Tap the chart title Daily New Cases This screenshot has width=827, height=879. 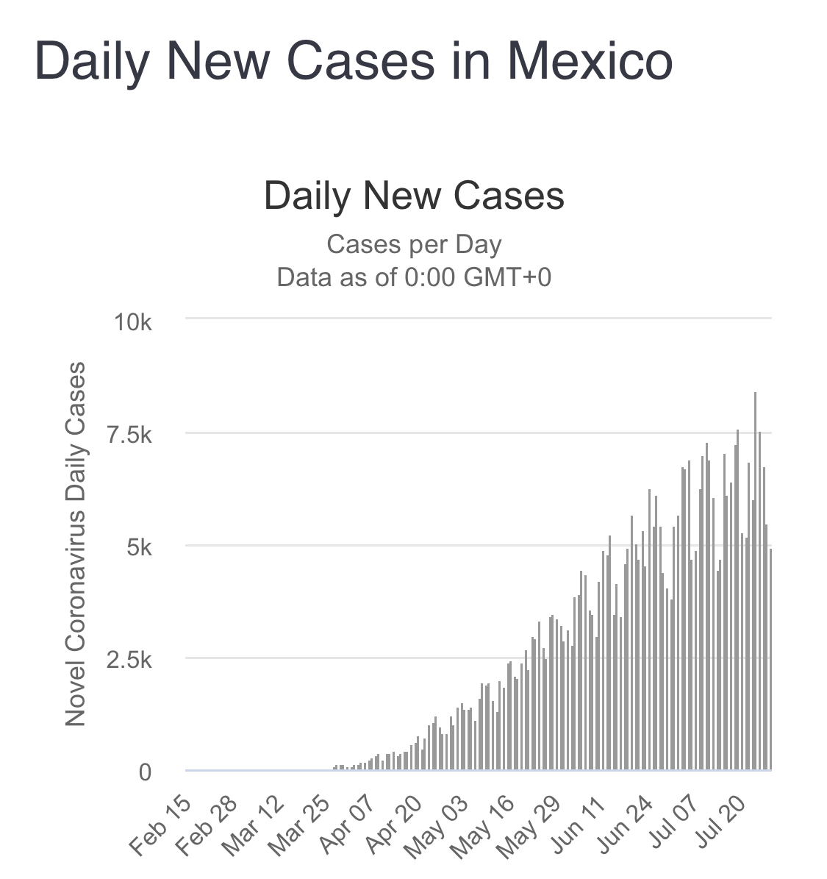(x=414, y=196)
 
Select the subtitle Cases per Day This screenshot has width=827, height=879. (x=414, y=244)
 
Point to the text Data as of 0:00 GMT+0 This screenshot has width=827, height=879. (x=414, y=277)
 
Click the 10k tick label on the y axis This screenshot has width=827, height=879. (x=133, y=322)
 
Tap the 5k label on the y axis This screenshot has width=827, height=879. (x=137, y=547)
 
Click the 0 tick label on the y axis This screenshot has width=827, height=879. (x=145, y=772)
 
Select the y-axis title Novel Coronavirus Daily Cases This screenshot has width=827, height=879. (x=76, y=544)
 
